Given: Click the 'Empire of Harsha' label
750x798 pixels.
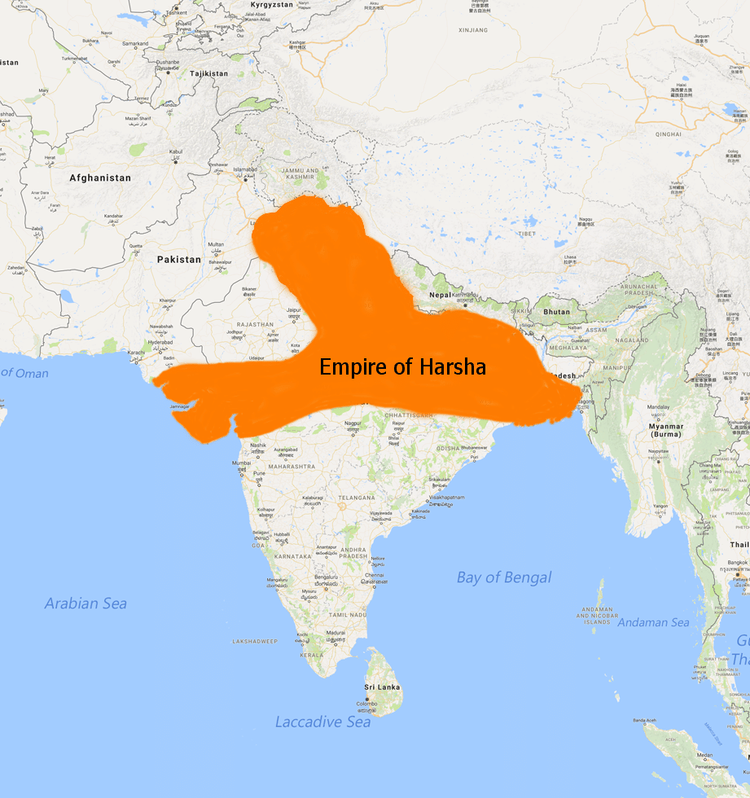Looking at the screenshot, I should coord(402,367).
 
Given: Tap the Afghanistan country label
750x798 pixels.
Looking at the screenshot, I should coord(99,178).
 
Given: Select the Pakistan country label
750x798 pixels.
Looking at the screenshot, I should coord(178,259).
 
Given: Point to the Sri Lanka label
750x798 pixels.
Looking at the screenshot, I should coord(382,687).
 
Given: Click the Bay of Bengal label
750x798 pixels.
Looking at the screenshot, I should coord(503,577).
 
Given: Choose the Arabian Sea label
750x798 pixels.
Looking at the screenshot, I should coord(86,603).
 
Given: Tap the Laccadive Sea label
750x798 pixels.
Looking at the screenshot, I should coord(322,721).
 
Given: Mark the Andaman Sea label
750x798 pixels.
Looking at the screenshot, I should coord(653,622).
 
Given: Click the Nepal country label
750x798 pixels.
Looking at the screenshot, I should coord(440,294).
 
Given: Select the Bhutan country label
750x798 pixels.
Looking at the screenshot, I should coord(557,312).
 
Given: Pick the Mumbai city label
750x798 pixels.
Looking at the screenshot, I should coord(241,463).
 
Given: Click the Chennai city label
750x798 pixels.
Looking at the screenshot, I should coord(375,575).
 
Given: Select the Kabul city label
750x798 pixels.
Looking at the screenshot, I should coord(177,151).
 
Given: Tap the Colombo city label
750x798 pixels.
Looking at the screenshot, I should coord(369,703).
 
